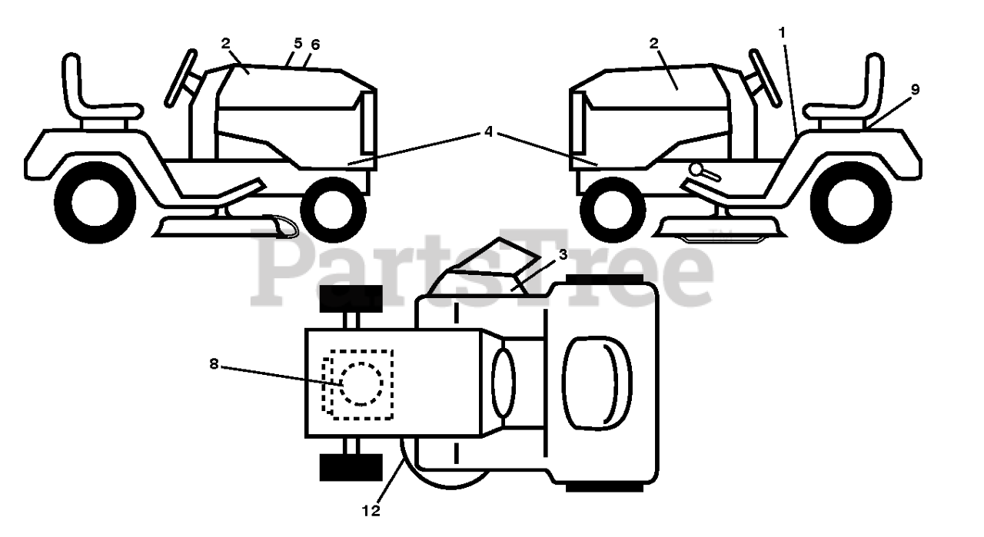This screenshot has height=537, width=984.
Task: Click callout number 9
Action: point(914,89)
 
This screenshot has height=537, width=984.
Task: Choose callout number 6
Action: point(314,45)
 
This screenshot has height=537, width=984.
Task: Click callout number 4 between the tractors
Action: point(488,131)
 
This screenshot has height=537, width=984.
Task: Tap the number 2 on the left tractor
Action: point(225,44)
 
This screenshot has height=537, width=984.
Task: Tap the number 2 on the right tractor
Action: point(653,44)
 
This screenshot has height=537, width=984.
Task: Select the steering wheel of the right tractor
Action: point(765,77)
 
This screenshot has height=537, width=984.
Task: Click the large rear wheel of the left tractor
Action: point(85,204)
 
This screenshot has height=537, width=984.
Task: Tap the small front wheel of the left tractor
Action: point(332,209)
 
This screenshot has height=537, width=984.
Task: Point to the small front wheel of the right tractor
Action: point(613,209)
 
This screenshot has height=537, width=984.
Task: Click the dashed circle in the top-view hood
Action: point(361,383)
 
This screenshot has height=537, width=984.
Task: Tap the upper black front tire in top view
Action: point(351,297)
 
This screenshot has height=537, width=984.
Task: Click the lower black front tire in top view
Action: point(351,466)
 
